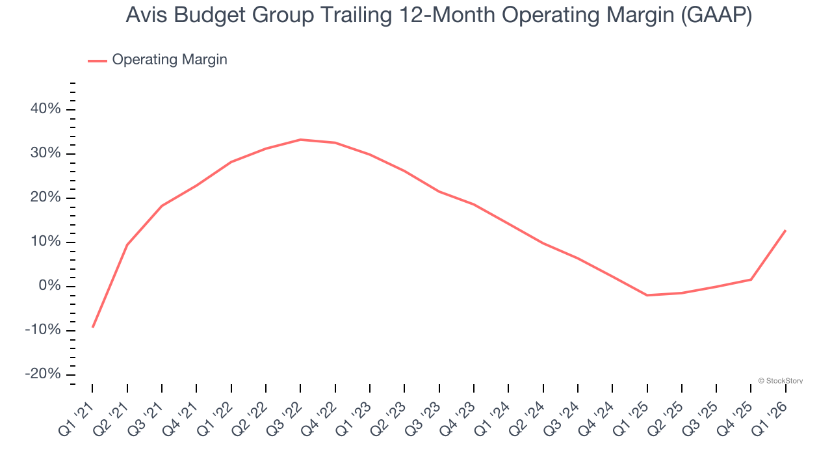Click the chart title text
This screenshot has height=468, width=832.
[439, 16]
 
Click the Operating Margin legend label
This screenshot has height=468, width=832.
[169, 60]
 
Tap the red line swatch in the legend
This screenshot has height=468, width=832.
[97, 60]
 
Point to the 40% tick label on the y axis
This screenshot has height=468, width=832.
[45, 109]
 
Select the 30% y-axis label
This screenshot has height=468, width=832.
[45, 153]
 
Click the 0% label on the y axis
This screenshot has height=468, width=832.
[49, 286]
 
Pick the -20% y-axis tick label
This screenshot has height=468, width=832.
[43, 374]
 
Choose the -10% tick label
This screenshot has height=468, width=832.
[43, 330]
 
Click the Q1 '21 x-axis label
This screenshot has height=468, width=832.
[76, 416]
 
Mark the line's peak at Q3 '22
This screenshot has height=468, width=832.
[300, 140]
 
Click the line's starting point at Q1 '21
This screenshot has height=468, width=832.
[92, 327]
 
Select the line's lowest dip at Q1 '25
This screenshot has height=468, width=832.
[647, 295]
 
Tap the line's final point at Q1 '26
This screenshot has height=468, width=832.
[785, 230]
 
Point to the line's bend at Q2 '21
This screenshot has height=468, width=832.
[127, 245]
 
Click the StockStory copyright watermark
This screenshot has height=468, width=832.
[780, 381]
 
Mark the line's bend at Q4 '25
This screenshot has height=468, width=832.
[751, 279]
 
